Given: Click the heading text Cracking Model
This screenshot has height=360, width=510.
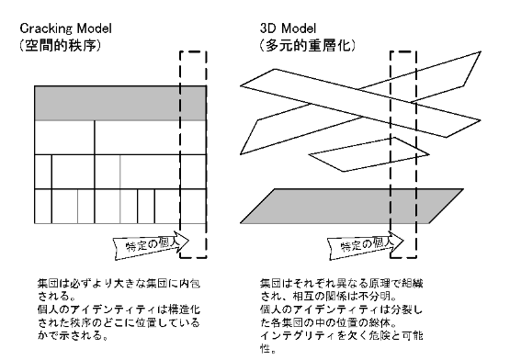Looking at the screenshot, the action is pyautogui.click(x=65, y=28).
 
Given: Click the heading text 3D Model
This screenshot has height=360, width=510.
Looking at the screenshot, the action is pyautogui.click(x=288, y=28).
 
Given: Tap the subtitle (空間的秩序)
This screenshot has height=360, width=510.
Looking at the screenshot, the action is pyautogui.click(x=60, y=45).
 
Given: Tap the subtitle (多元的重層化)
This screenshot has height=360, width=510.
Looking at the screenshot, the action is pyautogui.click(x=308, y=45).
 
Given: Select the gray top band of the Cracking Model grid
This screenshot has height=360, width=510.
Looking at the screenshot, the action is pyautogui.click(x=120, y=103).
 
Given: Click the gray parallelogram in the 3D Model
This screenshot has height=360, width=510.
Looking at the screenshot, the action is pyautogui.click(x=352, y=206).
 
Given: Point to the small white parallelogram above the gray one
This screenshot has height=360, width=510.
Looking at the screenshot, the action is pyautogui.click(x=368, y=154).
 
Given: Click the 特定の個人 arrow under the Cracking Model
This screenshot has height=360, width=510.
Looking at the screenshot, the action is pyautogui.click(x=151, y=245).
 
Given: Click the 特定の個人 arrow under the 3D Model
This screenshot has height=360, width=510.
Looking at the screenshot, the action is pyautogui.click(x=365, y=245).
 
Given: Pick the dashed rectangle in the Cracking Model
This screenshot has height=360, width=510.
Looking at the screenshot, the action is pyautogui.click(x=180, y=154).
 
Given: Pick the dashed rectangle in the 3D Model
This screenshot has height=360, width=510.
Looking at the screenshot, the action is pyautogui.click(x=391, y=154).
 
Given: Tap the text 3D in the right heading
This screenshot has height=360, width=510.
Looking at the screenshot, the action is pyautogui.click(x=267, y=28).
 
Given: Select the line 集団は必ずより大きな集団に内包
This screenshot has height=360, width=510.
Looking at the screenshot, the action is pyautogui.click(x=119, y=283).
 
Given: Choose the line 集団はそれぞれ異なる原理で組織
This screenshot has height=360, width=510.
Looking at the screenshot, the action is pyautogui.click(x=341, y=283).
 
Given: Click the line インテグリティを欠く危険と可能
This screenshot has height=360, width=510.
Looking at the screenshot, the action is pyautogui.click(x=341, y=335).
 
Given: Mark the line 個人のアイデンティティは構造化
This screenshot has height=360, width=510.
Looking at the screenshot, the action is pyautogui.click(x=119, y=309).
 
